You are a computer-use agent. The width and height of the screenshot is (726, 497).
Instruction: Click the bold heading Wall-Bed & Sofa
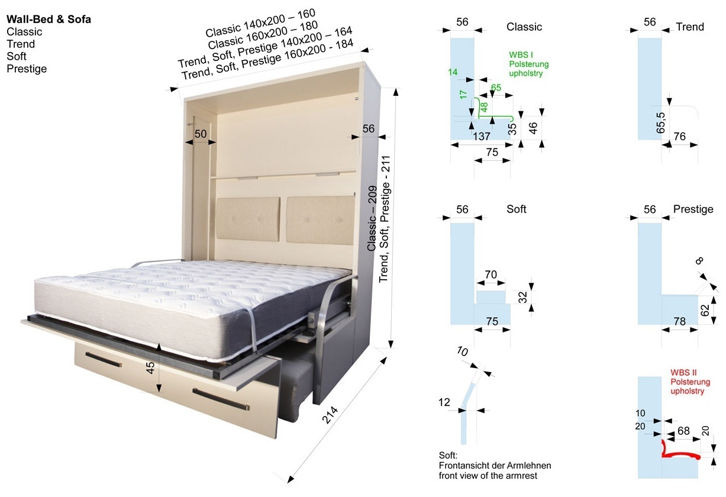tap(49, 20)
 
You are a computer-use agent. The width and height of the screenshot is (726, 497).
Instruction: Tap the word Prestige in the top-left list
tap(27, 69)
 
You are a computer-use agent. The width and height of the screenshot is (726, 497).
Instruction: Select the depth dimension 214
tap(330, 415)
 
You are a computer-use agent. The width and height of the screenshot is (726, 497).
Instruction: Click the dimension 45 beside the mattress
tap(150, 367)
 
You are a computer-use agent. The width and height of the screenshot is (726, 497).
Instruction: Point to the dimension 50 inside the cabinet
tap(201, 134)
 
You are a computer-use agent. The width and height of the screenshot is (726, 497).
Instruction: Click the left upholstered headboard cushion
tap(248, 220)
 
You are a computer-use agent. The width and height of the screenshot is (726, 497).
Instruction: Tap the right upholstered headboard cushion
tap(321, 220)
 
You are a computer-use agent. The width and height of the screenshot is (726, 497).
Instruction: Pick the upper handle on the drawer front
tap(104, 359)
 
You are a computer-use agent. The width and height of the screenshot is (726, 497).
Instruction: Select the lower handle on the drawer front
tap(221, 399)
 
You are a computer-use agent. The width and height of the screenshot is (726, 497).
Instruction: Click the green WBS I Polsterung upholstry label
tap(528, 64)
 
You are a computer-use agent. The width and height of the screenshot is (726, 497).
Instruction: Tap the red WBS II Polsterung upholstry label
tap(690, 382)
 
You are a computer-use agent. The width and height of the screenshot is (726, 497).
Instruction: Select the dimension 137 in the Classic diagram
tap(481, 137)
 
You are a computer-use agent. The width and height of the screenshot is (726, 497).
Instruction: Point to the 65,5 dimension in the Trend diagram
tap(660, 123)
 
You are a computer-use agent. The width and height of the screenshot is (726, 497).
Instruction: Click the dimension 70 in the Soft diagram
tap(491, 275)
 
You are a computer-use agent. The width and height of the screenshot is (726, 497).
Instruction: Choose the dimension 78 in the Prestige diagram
tap(679, 321)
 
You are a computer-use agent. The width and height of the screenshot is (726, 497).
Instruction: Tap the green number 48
tap(484, 106)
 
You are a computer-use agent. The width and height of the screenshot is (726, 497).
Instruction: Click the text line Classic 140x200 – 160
tap(260, 22)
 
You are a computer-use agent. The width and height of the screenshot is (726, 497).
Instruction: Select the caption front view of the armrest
tap(488, 476)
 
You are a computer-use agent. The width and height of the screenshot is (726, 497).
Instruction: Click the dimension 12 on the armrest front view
tap(444, 402)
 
